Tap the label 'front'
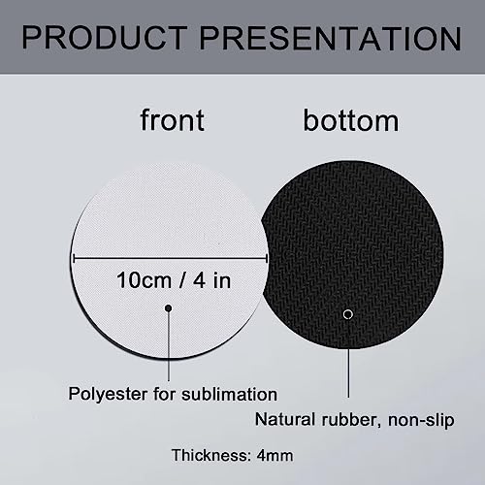172,120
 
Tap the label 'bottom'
337,120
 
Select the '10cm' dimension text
143,281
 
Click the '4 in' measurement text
212,281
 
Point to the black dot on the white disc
169,308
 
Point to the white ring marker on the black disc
348,313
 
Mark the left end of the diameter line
75,257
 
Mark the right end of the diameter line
267,257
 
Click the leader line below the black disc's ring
348,359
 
